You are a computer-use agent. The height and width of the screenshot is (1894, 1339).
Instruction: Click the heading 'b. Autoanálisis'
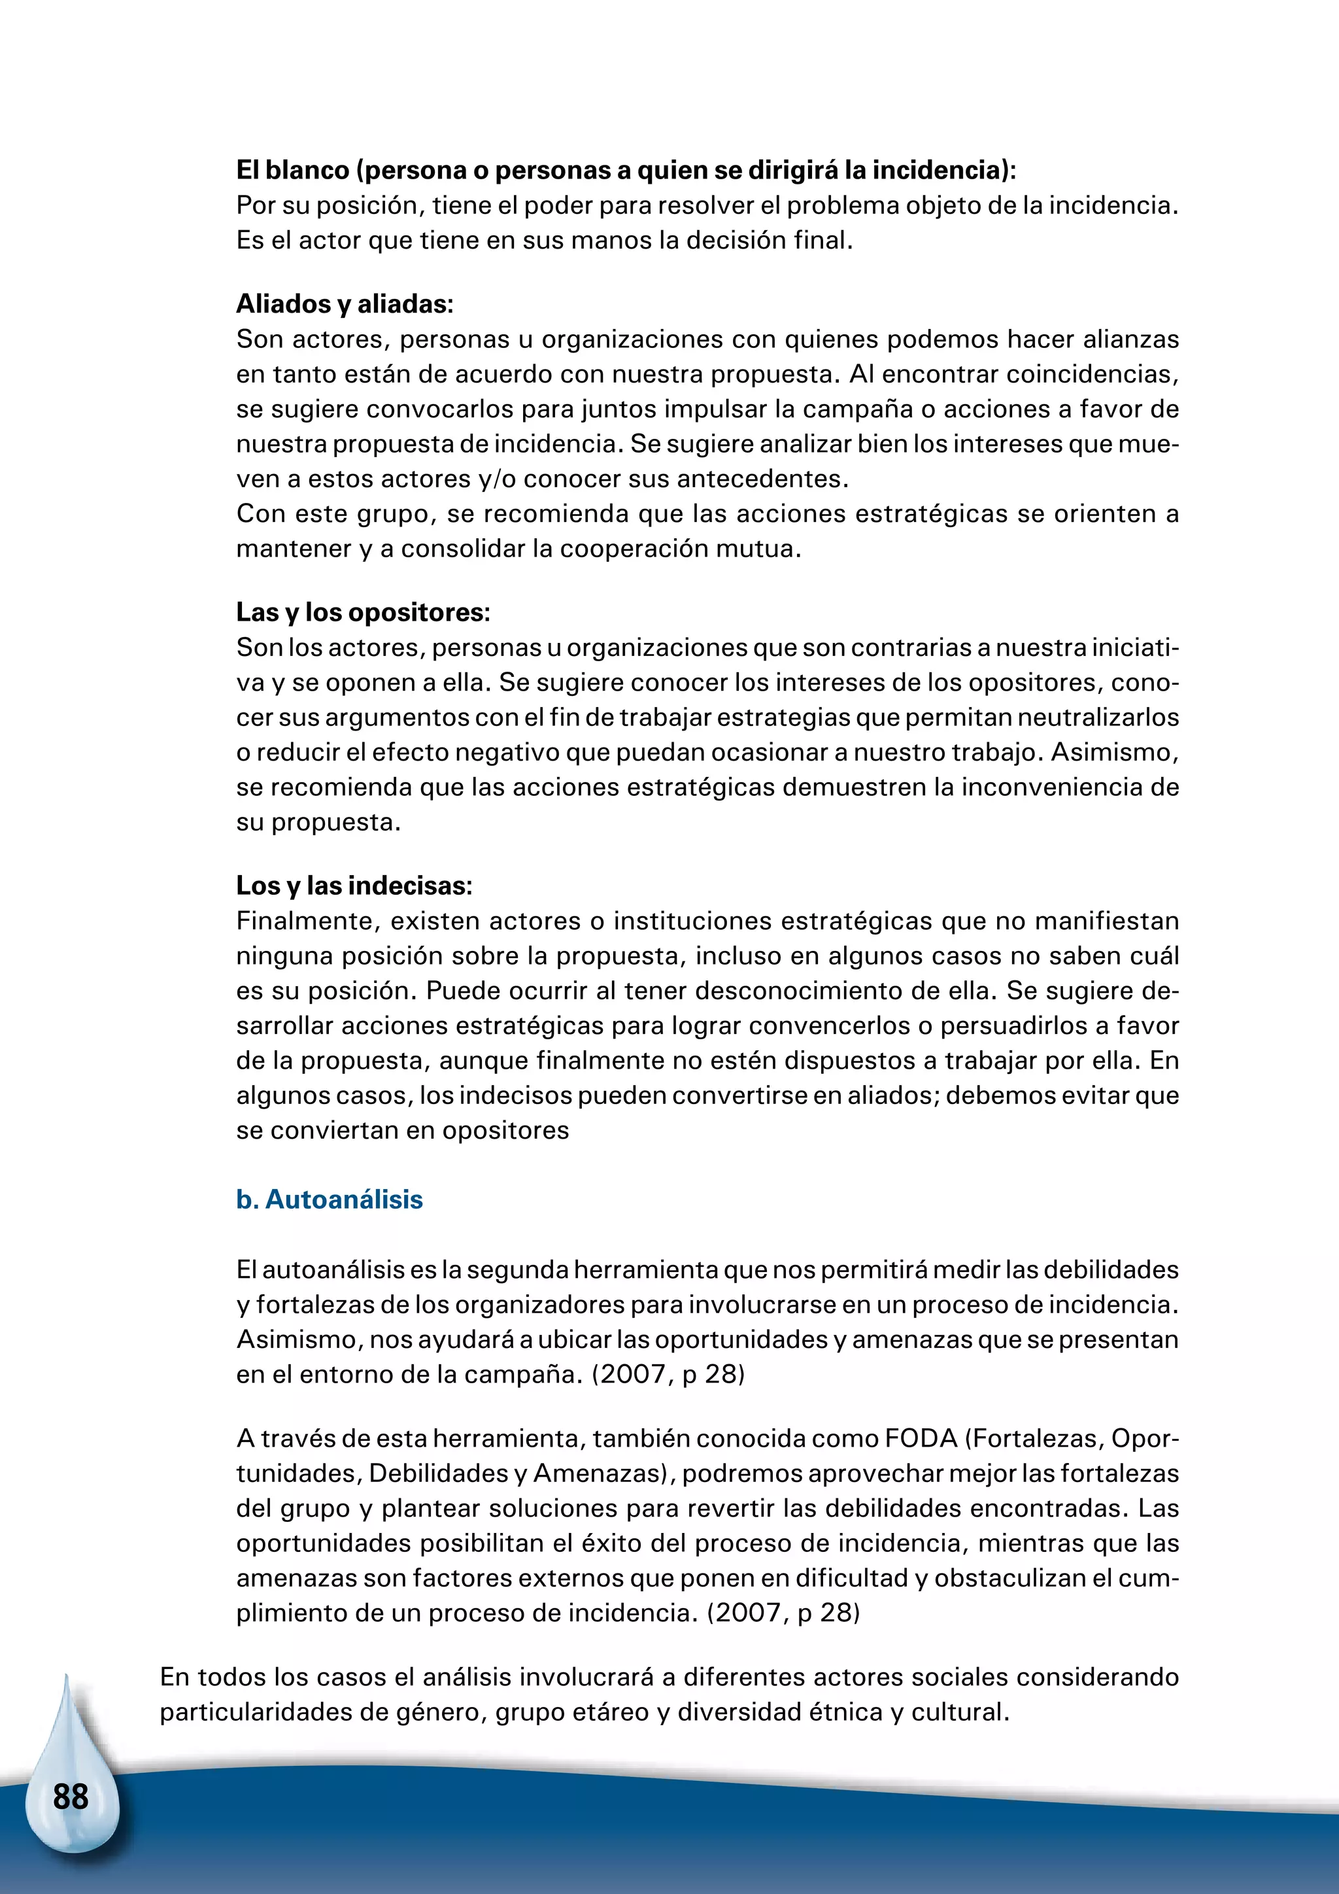(x=329, y=1199)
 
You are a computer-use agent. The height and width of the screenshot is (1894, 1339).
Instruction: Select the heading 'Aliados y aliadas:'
(x=345, y=303)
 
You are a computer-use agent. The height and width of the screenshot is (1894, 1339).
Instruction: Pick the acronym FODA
(x=920, y=1439)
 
